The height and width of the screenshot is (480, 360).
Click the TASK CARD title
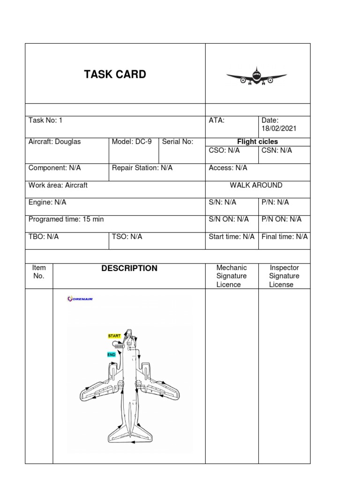[x=115, y=75]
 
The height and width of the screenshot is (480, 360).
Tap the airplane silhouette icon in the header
[x=256, y=77]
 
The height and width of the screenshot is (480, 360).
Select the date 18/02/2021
[x=279, y=128]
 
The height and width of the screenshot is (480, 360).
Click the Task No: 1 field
[x=45, y=120]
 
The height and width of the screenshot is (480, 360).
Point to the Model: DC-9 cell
[x=132, y=142]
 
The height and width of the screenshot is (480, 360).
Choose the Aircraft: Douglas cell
[x=54, y=142]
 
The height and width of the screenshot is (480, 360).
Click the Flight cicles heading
[x=257, y=142]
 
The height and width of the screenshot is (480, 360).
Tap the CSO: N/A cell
[x=224, y=150]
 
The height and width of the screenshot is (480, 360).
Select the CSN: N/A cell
[x=277, y=150]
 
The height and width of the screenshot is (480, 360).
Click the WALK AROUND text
[x=256, y=185]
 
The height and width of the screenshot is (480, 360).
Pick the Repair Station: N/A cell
[x=142, y=168]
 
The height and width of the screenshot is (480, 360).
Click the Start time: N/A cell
[x=232, y=237]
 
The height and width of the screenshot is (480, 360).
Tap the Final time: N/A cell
[x=285, y=237]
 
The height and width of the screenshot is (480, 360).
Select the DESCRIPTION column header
[x=129, y=269]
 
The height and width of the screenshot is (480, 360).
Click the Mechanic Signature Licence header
[x=232, y=276]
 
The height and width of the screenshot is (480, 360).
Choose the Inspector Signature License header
[x=284, y=276]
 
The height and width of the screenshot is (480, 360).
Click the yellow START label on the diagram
[x=114, y=336]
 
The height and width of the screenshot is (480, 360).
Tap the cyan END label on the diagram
[x=112, y=355]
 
